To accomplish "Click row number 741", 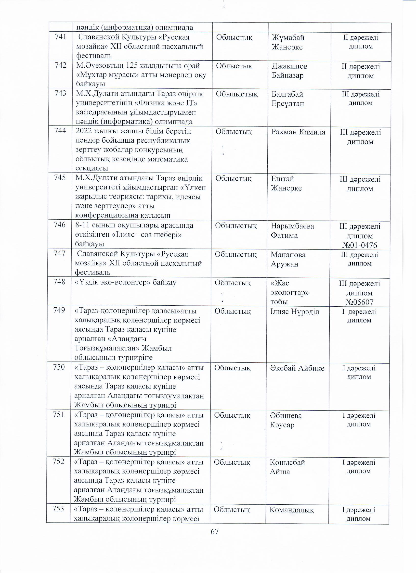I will click(60, 37).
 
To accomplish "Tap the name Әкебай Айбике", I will click(297, 368).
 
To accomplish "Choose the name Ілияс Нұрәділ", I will click(295, 311).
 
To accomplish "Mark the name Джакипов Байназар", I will click(289, 71).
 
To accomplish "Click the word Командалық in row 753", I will click(292, 510).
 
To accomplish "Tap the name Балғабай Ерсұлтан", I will click(287, 99).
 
